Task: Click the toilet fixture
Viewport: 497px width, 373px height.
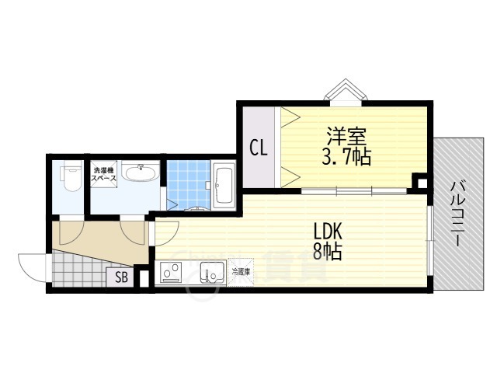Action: pyautogui.click(x=68, y=178)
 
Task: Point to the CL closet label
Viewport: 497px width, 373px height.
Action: pyautogui.click(x=259, y=148)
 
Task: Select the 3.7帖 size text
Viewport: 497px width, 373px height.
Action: pyautogui.click(x=347, y=158)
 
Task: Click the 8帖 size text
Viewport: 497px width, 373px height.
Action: pyautogui.click(x=328, y=252)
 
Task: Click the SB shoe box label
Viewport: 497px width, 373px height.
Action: pyautogui.click(x=122, y=277)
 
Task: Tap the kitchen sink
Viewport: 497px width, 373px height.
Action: pyautogui.click(x=210, y=274)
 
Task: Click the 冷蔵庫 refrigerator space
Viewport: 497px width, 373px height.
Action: pyautogui.click(x=240, y=273)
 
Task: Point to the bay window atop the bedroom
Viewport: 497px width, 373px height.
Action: pyautogui.click(x=342, y=92)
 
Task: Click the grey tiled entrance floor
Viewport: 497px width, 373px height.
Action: pyautogui.click(x=78, y=274)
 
